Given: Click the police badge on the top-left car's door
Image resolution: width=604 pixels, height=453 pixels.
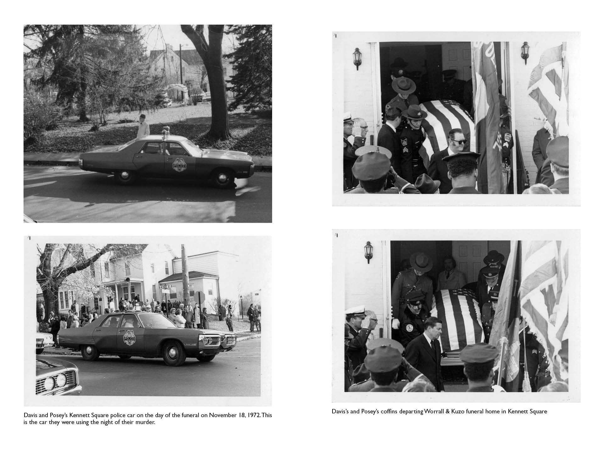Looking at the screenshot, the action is tap(179, 164).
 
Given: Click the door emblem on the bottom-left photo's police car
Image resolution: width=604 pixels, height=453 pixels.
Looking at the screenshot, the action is tap(129, 338).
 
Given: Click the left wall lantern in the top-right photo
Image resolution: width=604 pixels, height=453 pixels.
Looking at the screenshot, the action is tap(357, 58).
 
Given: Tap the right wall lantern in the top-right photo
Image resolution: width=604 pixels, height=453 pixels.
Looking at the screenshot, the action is tap(525, 53).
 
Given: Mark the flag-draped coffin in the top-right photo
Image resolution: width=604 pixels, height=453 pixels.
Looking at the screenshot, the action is tap(447, 129).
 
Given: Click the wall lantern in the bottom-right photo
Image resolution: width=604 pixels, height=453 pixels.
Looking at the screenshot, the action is tap(369, 252).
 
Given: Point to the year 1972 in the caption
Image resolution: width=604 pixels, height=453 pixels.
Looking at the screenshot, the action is tap(253, 415).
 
